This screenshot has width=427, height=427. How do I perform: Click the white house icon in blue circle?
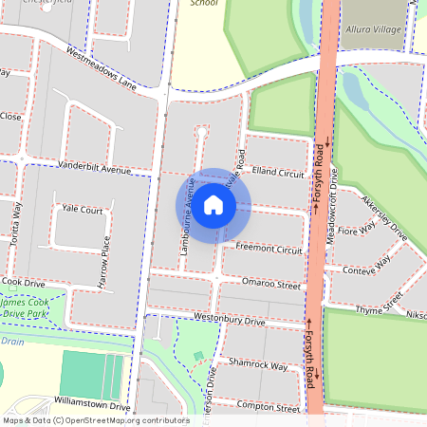coord(213,204)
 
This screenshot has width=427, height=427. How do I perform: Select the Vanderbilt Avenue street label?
coord(94,169)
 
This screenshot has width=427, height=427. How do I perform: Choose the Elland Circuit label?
coord(278,175)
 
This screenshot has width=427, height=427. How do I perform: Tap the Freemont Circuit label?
coord(269,250)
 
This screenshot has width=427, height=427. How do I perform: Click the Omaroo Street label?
coord(271,285)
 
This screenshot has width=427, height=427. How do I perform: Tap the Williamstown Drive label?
coord(92,405)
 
